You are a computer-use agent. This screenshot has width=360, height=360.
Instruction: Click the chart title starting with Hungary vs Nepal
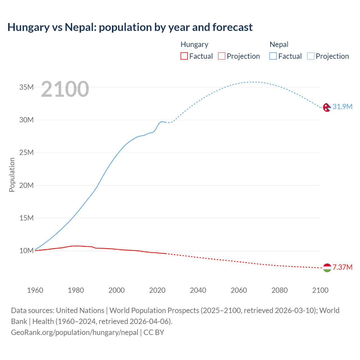point(130,27)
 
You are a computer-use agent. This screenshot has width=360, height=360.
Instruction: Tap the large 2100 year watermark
point(65,89)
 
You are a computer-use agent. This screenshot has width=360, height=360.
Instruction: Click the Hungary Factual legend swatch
point(184,56)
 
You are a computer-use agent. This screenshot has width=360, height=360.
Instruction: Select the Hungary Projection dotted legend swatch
point(222,56)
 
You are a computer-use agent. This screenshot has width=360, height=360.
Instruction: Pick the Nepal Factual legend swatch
point(273,56)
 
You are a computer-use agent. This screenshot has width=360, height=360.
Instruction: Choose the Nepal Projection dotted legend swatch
point(311,56)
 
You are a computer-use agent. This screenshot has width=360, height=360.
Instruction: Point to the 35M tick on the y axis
point(26,87)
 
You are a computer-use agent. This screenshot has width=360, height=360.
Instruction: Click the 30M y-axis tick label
point(26,120)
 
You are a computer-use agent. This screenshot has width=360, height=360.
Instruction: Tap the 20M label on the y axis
point(26,185)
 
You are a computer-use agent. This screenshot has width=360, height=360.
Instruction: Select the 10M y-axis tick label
point(26,251)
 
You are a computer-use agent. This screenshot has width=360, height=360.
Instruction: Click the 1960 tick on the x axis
point(35,290)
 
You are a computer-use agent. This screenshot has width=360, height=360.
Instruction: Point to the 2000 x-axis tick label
point(116,290)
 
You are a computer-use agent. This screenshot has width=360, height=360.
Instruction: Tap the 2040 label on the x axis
point(198,290)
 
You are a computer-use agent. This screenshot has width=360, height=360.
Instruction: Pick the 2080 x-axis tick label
point(280,290)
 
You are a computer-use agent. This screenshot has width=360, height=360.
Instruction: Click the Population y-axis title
point(12,175)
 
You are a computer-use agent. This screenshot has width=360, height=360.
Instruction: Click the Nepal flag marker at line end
point(327,107)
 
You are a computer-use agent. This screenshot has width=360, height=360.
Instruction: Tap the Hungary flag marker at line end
point(327,268)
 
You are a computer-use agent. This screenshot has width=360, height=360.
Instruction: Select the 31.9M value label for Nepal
point(342,107)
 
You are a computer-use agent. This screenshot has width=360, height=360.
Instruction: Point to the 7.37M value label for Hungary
point(342,267)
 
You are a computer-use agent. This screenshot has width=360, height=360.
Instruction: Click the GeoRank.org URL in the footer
point(75,332)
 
